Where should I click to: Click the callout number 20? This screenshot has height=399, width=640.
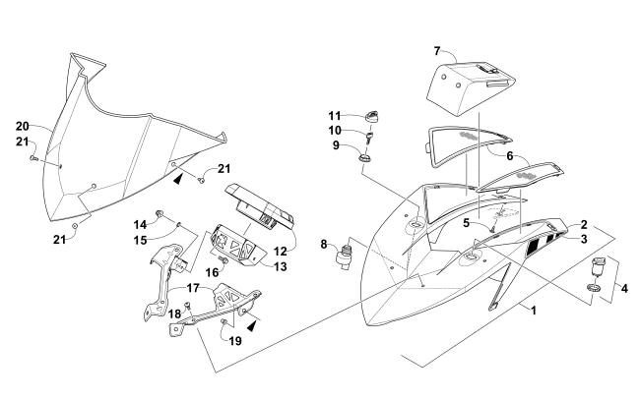point(22,126)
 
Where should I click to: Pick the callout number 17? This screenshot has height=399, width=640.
point(193,290)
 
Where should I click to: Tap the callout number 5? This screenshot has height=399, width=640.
point(467,222)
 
